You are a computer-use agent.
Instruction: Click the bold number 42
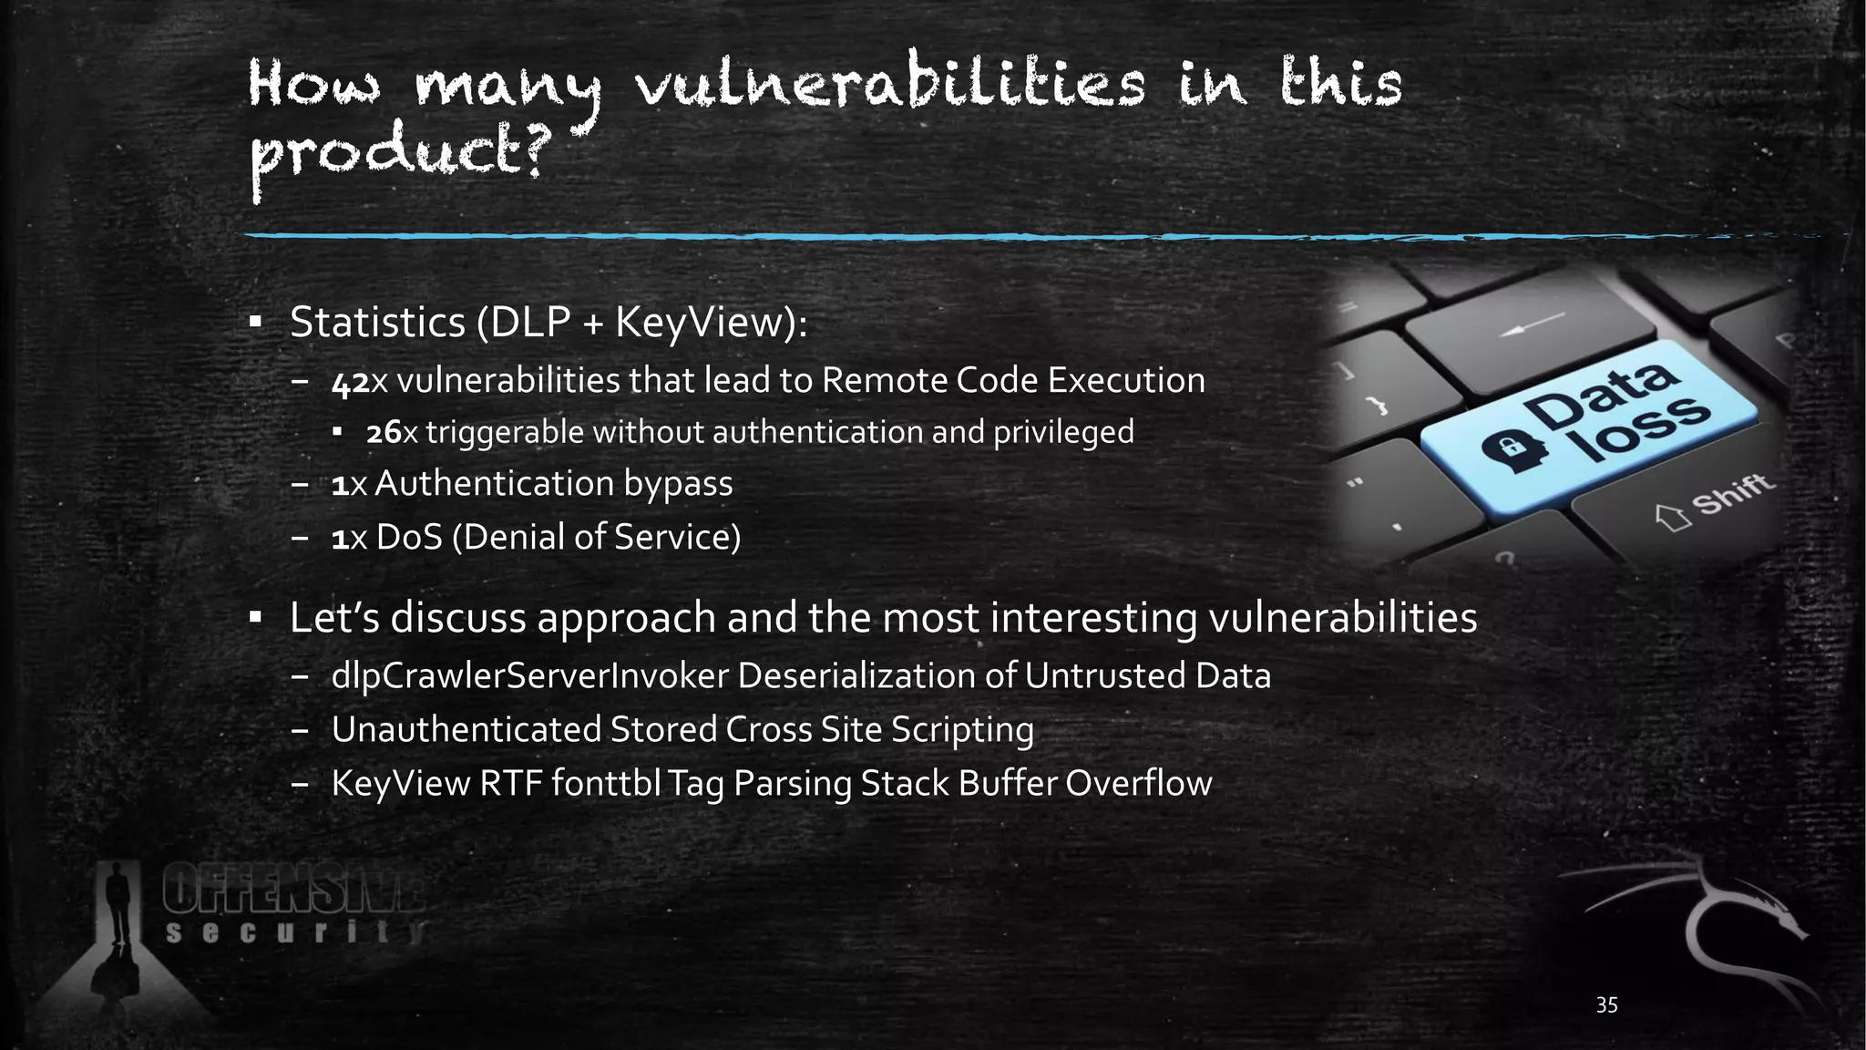[x=350, y=382]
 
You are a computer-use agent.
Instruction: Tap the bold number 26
[x=384, y=433]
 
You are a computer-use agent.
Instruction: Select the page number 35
[x=1606, y=1005]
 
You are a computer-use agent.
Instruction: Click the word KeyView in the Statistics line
[x=697, y=323]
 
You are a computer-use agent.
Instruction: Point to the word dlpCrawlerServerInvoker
[x=530, y=676]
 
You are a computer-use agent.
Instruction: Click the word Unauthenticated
[x=466, y=730]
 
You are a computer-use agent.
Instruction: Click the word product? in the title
[x=397, y=155]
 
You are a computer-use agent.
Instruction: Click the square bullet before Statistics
[x=256, y=322]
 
